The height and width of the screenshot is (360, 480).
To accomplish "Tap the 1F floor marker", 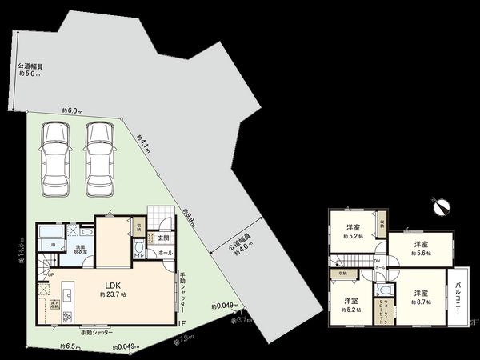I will coord(182,323).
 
